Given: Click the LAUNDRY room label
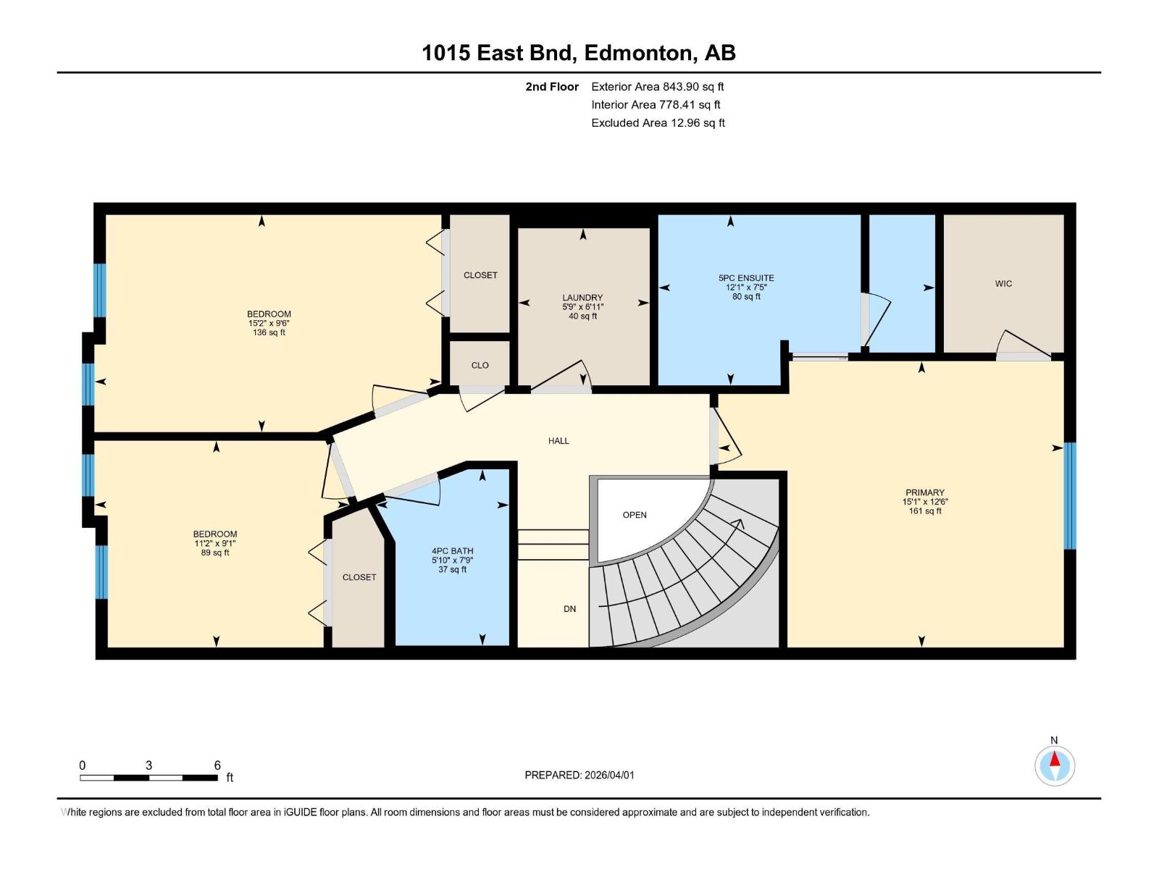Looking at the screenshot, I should (x=582, y=298).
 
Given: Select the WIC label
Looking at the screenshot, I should (x=1003, y=284).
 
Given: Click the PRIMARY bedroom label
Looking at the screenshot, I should (x=924, y=492).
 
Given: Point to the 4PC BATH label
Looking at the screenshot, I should (x=452, y=551).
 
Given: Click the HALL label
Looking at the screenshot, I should (x=558, y=441).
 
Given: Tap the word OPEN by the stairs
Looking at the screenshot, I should (x=635, y=515).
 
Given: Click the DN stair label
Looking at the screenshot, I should (x=570, y=609).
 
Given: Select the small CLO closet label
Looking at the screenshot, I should (x=480, y=366).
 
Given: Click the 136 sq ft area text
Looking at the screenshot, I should (x=269, y=333).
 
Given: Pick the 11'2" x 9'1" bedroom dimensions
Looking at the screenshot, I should (x=214, y=544).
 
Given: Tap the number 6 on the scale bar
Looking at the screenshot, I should (x=217, y=765).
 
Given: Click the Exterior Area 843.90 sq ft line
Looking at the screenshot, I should (x=658, y=87).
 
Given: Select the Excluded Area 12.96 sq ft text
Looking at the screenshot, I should (x=658, y=123).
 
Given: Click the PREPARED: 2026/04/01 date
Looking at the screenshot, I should (x=579, y=775).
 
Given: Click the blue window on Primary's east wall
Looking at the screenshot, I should (x=1070, y=495).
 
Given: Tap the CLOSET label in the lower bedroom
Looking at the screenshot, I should (x=359, y=577).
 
